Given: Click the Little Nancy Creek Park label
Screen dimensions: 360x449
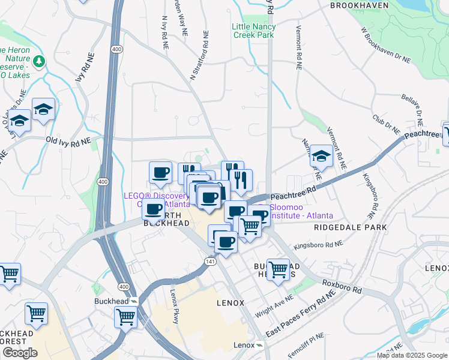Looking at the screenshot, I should pos(254,31).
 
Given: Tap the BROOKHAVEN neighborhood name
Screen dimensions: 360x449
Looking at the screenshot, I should pos(359,5).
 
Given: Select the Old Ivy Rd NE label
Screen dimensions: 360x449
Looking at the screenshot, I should pos(68,140).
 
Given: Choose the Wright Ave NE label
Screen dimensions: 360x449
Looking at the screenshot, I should pos(274,305).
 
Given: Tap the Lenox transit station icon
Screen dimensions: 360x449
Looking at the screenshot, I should pos(259,346).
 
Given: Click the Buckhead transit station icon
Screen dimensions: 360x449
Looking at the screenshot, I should pos(134,301).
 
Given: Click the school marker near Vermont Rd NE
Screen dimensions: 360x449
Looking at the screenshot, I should pos(321,157).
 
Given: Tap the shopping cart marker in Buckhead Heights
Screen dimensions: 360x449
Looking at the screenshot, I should pos(278,269).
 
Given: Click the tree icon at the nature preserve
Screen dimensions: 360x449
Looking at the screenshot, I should pos(40,61).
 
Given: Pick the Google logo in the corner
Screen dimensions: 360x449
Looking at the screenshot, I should pos(20,353).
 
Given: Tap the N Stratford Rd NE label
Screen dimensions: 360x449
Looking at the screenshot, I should pos(200,56).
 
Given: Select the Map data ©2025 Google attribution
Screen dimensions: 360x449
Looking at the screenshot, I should pos(411,355).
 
